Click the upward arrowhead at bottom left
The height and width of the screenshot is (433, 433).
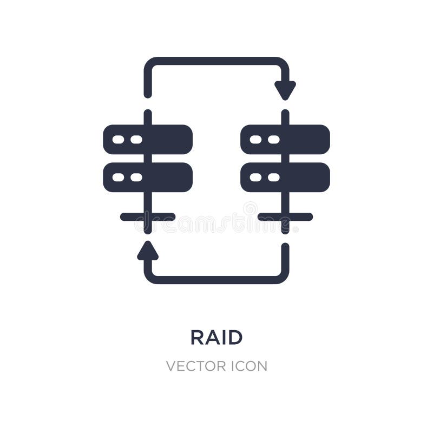pyautogui.click(x=148, y=251)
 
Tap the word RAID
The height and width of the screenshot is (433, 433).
pyautogui.click(x=216, y=337)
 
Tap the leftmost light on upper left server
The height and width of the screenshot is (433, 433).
pyautogui.click(x=118, y=140)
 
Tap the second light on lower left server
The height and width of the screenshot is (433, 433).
pyautogui.click(x=136, y=178)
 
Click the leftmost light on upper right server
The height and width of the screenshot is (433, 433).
pyautogui.click(x=255, y=140)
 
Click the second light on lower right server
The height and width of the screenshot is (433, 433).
pyautogui.click(x=273, y=178)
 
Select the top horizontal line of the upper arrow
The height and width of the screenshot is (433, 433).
pyautogui.click(x=216, y=61)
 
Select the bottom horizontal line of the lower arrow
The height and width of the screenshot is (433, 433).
pyautogui.click(x=216, y=280)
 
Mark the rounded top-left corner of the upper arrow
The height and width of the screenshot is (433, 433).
pyautogui.click(x=149, y=63)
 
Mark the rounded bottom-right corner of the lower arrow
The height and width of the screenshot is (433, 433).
pyautogui.click(x=283, y=278)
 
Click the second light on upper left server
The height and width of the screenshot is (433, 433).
pyautogui.click(x=136, y=140)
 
